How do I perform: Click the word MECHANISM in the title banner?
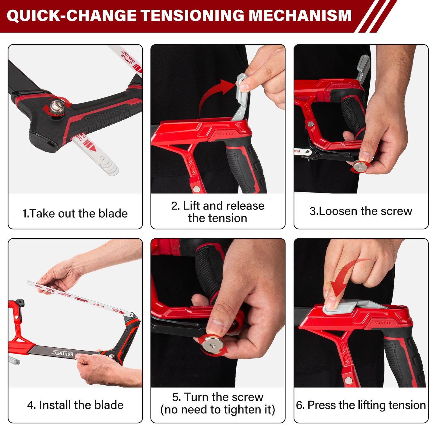coord(300,16)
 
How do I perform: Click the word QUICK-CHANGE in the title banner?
coord(71,16)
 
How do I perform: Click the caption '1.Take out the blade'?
coord(75,213)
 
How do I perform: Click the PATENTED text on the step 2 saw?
coord(225,134)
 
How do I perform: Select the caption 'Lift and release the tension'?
coord(218,212)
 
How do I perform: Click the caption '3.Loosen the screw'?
coord(361,211)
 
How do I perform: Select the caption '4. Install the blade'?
coord(75,405)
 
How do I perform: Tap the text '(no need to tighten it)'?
coord(218,410)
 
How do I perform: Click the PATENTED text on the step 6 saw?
coord(383,323)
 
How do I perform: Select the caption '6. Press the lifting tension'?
coord(361,405)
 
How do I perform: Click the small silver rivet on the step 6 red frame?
coord(348,380)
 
